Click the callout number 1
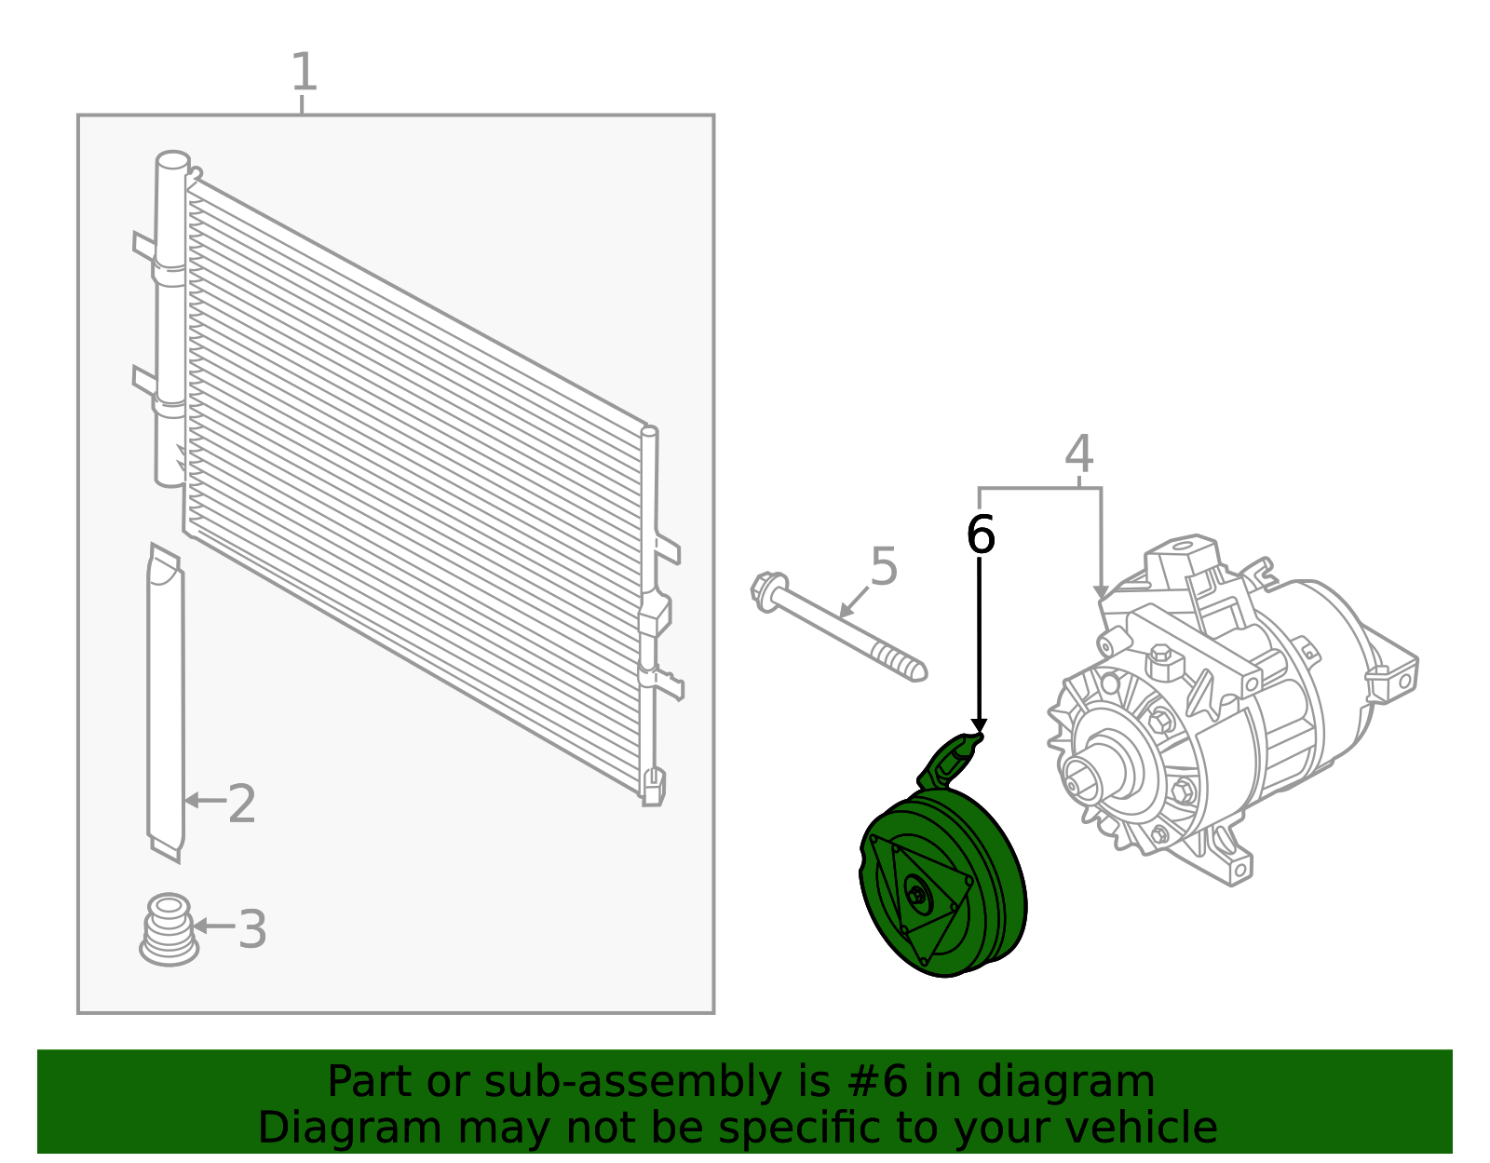tap(304, 72)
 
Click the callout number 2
tap(241, 804)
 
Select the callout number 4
tap(1078, 453)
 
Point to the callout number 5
tap(883, 566)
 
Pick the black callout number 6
tap(980, 534)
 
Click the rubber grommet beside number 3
tap(169, 929)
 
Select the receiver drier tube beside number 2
tap(165, 702)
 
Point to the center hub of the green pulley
tap(916, 894)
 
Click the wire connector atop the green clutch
tap(950, 760)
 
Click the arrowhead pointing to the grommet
tap(199, 926)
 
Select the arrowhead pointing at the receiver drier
tap(192, 800)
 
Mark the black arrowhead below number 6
tap(979, 725)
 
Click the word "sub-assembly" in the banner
tap(633, 1082)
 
